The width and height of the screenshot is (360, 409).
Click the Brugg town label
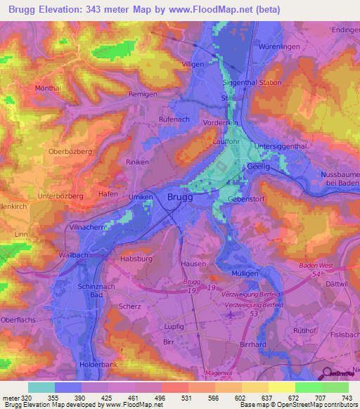point(180,198)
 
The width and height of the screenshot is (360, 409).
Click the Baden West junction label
point(315,266)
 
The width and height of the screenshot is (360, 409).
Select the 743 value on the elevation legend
point(348,398)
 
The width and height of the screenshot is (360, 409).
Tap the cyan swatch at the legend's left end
point(41,387)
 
